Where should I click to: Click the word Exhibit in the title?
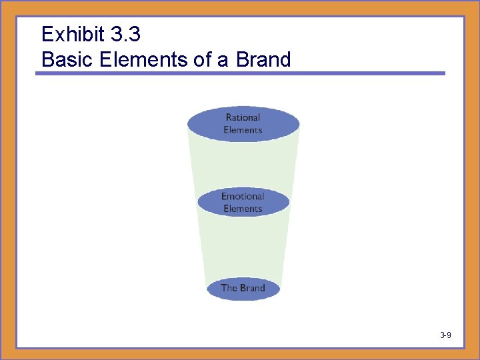pos(69,34)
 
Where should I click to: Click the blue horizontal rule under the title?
pos(240,73)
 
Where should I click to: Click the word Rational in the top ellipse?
pos(243,117)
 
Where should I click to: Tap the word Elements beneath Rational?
pos(243,130)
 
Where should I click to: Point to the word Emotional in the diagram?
pos(243,196)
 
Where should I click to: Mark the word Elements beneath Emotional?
pos(243,209)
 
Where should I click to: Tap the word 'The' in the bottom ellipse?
pos(229,288)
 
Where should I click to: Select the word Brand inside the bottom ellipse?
pos(252,288)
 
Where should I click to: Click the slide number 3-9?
pos(445,335)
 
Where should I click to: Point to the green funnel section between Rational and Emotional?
pos(243,163)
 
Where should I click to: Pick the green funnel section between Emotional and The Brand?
pos(243,247)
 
